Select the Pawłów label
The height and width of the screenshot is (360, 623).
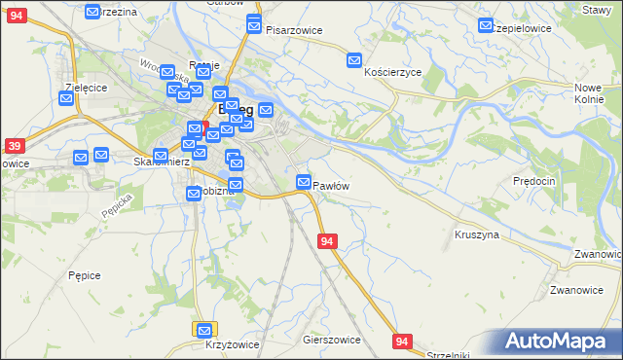pos(331,185)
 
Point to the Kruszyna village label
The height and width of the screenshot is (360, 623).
pos(476,234)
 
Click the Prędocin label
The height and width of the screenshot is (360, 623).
pos(533,181)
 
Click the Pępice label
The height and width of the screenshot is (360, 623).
pos(85,275)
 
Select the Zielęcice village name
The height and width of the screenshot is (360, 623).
pos(85,87)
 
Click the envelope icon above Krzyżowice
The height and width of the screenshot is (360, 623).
pos(203,330)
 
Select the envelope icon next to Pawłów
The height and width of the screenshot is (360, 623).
pos(304,182)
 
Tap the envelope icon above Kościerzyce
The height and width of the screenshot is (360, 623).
pos(354,59)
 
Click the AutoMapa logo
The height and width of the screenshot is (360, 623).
pos(556,342)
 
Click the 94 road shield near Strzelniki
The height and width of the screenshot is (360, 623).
pos(403,342)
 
